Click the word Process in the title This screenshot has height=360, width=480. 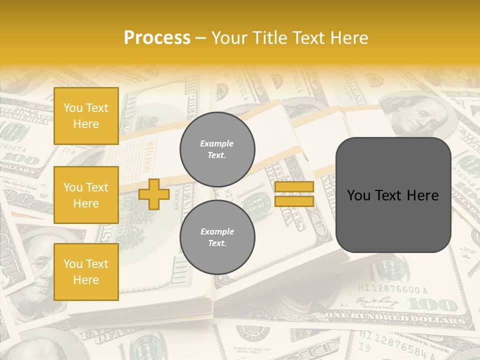(x=157, y=38)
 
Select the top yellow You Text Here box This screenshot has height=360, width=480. (x=86, y=116)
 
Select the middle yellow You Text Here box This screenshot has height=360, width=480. (x=86, y=195)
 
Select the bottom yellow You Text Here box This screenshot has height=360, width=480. (x=86, y=271)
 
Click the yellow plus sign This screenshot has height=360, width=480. (x=154, y=194)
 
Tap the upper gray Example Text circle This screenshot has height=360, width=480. (x=217, y=149)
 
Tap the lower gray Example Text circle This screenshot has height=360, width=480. (x=217, y=237)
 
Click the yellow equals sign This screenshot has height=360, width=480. (x=294, y=194)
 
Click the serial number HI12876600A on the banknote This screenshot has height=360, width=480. (x=392, y=289)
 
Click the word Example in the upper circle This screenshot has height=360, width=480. (x=217, y=143)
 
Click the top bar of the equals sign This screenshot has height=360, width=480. (x=294, y=186)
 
